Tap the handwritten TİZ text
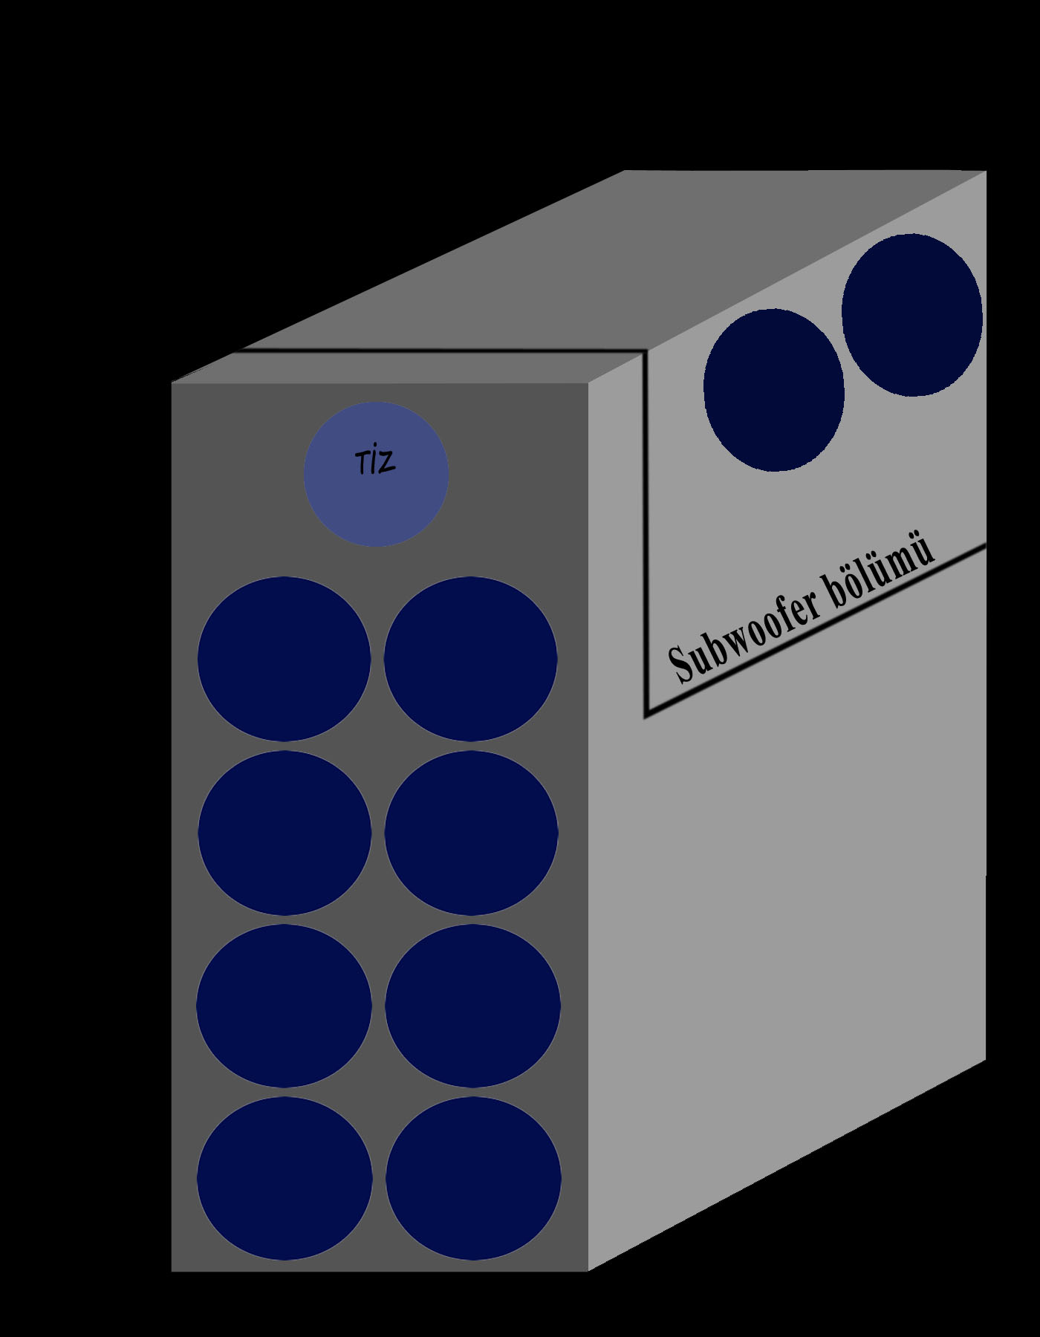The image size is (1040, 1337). coord(375,462)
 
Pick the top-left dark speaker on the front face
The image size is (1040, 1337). coord(284,659)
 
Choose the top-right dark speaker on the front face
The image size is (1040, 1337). coord(470,659)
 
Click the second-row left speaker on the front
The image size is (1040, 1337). coord(285,833)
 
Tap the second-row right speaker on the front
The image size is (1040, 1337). coord(471,833)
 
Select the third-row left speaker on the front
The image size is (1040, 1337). coord(284,1006)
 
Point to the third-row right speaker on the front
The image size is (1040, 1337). coord(472,1006)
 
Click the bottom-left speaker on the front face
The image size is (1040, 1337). coord(285,1178)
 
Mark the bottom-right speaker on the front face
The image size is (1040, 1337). coord(473,1178)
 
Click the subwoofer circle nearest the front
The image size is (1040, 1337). coord(773,390)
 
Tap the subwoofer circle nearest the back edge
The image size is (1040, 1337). coord(912,315)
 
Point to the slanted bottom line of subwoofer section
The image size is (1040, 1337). coord(817,631)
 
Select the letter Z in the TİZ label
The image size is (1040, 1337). coord(386,462)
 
